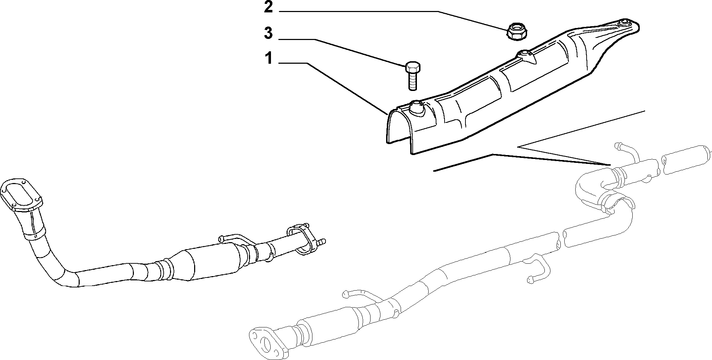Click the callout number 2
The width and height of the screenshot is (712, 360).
(269, 7)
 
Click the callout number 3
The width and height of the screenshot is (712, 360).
(269, 33)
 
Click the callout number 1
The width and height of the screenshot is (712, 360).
(269, 58)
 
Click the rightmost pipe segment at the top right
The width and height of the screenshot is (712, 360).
(687, 160)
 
